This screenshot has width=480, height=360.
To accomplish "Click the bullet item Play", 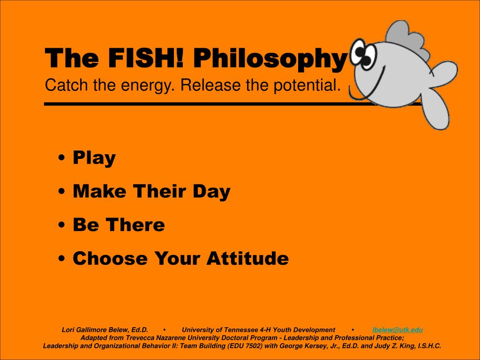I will pos(94,158).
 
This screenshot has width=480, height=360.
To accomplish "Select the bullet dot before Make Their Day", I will pos(62,192).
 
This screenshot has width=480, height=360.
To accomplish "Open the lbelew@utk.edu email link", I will pos(397,330).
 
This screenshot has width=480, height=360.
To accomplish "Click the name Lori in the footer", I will pos(69,330).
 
